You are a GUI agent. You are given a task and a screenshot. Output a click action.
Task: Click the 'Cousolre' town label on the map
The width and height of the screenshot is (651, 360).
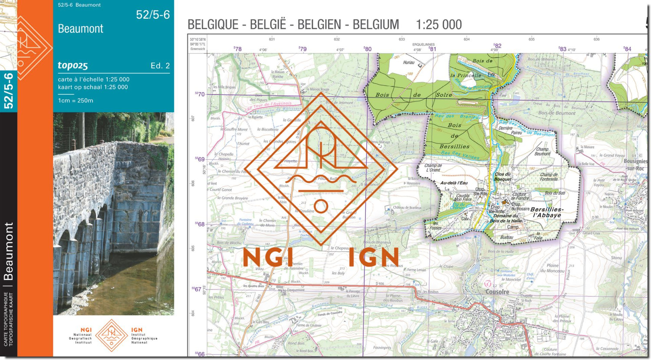497,292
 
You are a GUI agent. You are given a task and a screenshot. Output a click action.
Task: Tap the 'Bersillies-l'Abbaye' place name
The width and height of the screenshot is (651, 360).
547,212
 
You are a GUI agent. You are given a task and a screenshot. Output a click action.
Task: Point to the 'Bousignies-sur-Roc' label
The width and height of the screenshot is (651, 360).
635,164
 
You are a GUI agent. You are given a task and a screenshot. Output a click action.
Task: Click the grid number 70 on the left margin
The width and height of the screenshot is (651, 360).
200,94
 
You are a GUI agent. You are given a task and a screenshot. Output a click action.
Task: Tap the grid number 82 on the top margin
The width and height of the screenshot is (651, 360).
497,46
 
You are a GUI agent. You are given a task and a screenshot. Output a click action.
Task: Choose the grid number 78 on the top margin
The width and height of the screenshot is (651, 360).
237,49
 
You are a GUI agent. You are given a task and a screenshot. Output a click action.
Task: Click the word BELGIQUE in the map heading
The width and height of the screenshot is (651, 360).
213,25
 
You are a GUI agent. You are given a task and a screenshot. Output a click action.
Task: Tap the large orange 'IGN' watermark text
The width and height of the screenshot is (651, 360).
373,258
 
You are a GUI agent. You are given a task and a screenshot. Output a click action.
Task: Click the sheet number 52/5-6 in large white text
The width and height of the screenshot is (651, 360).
153,15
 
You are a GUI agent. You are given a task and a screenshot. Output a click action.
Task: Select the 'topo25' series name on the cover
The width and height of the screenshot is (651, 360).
73,65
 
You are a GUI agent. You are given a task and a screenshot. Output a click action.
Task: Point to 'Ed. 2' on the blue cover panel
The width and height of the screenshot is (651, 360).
160,66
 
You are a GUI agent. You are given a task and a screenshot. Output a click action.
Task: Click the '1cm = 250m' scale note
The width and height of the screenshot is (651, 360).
76,101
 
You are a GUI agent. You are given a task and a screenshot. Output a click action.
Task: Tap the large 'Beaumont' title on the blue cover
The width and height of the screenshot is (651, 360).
81,29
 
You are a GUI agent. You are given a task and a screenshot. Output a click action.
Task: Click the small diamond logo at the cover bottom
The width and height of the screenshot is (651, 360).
112,336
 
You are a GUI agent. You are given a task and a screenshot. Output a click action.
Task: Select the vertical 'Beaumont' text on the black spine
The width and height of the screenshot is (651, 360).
8,251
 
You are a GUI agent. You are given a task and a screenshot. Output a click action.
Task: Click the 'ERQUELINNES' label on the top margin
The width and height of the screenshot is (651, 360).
423,44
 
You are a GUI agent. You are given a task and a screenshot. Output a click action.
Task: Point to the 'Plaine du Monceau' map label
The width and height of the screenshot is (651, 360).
552,268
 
